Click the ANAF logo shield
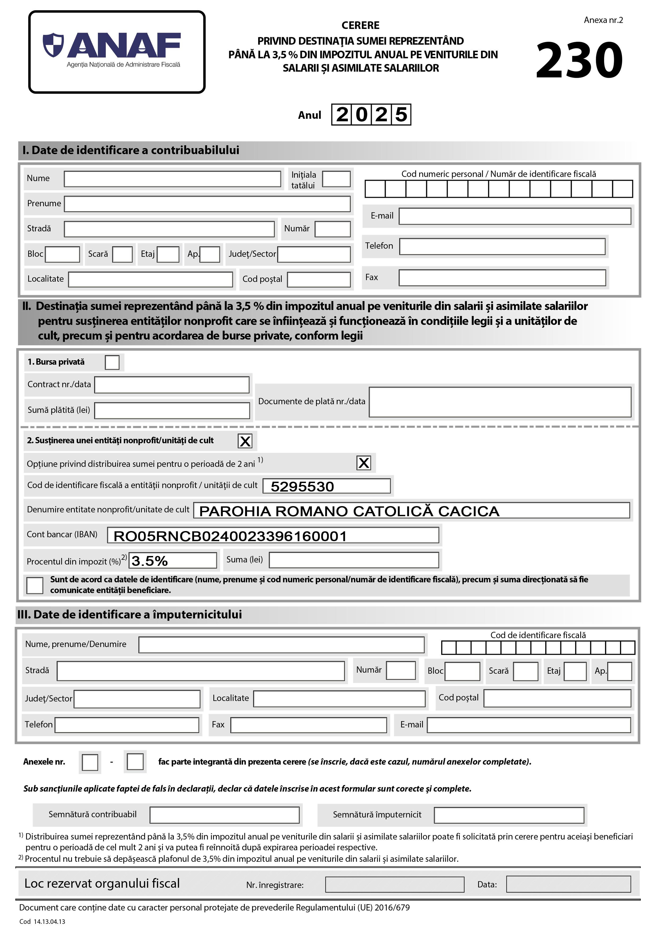[54, 45]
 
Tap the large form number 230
[579, 61]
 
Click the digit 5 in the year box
[401, 115]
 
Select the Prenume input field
[207, 204]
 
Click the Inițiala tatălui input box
[336, 179]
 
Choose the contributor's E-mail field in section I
[514, 216]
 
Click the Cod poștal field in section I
[318, 279]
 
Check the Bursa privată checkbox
[112, 362]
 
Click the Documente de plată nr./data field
[500, 402]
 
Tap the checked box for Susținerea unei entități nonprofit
[245, 441]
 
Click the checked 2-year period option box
[363, 463]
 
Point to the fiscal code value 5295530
[302, 486]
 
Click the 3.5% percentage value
[150, 561]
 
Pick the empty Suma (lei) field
[353, 560]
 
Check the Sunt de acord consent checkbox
[34, 585]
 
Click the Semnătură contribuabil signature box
[224, 815]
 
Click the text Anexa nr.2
[603, 20]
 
